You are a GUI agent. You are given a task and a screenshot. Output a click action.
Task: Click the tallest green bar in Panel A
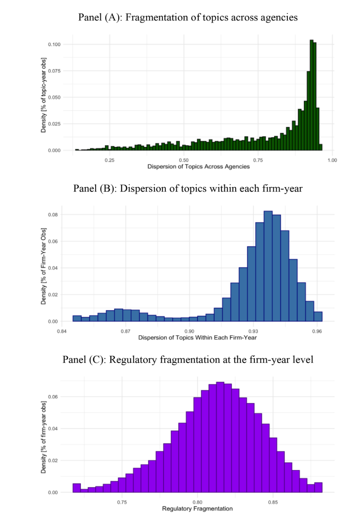tap(311, 96)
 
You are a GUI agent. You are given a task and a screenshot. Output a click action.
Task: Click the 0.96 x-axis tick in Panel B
tap(317, 331)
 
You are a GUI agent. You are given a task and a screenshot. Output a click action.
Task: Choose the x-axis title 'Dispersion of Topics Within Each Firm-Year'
tap(197, 338)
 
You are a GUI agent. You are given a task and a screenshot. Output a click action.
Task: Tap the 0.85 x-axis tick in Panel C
tap(273, 502)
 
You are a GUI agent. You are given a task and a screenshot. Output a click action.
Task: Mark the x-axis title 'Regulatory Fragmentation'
tap(197, 509)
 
